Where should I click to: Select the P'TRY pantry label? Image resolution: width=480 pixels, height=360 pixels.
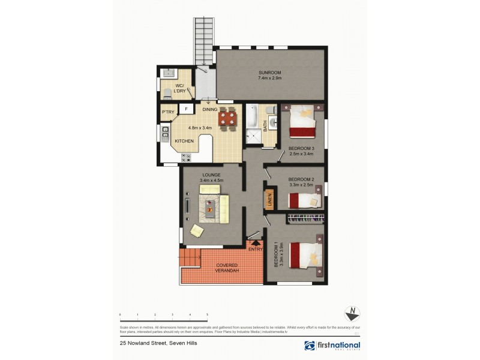coord(167,112)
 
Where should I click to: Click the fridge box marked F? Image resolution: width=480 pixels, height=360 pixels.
coord(186,109)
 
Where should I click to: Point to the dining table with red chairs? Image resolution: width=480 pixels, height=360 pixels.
coord(226,118)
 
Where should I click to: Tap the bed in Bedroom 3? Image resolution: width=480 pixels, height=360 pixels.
coord(302,122)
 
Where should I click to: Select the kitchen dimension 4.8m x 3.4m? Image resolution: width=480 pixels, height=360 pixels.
coord(201,127)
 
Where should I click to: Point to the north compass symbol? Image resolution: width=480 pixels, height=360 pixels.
coord(352,314)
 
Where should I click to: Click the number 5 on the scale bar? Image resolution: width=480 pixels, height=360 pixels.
coord(207,315)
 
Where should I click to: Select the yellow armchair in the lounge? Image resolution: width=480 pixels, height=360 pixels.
coord(197,230)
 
